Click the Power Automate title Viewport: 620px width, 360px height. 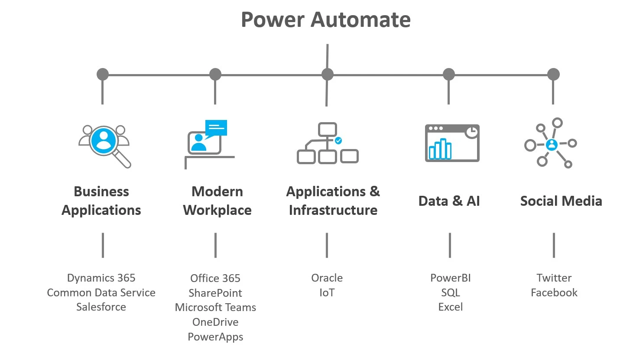pyautogui.click(x=325, y=20)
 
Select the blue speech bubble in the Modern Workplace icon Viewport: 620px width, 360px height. pyautogui.click(x=216, y=128)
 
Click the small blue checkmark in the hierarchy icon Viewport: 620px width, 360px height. pyautogui.click(x=338, y=140)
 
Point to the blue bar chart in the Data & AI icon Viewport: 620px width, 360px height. pyautogui.click(x=440, y=149)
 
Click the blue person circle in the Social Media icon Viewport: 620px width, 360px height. pyautogui.click(x=552, y=144)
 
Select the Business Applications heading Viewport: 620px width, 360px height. pyautogui.click(x=101, y=201)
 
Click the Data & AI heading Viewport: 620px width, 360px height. pyautogui.click(x=449, y=201)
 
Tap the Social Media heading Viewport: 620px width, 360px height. pyautogui.click(x=561, y=201)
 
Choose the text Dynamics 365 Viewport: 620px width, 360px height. pyautogui.click(x=101, y=278)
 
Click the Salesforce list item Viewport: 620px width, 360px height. pyautogui.click(x=101, y=307)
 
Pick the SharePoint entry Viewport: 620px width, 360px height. pyautogui.click(x=215, y=293)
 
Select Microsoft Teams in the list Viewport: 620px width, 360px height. pyautogui.click(x=215, y=308)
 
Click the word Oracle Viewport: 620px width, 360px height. pyautogui.click(x=327, y=278)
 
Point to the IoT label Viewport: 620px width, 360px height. pyautogui.click(x=327, y=293)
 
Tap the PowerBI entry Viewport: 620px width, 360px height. pyautogui.click(x=450, y=278)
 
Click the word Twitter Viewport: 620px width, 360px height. pyautogui.click(x=554, y=278)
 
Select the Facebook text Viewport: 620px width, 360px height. pyautogui.click(x=554, y=293)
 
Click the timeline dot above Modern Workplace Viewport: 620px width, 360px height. pyautogui.click(x=215, y=75)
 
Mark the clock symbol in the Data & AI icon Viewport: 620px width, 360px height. pyautogui.click(x=472, y=132)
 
